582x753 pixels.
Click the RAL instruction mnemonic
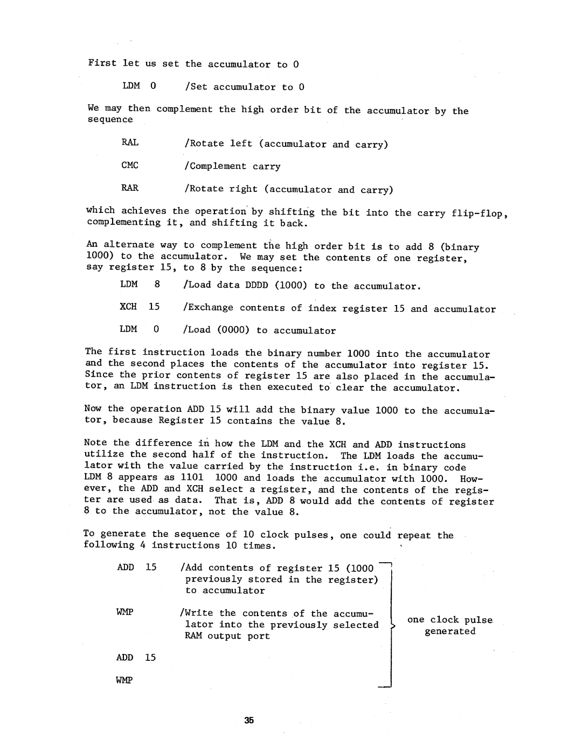[130, 143]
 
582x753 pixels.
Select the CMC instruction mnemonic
[130, 165]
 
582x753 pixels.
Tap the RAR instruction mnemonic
[130, 188]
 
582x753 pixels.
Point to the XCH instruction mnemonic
[129, 307]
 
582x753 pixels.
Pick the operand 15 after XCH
[155, 307]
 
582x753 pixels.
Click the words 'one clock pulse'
[450, 620]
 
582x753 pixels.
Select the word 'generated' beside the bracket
[450, 631]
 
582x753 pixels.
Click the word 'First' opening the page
[102, 63]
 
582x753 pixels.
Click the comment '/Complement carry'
[232, 167]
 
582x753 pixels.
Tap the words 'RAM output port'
[228, 636]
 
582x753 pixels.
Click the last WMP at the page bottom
[124, 680]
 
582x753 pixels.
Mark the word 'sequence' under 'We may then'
[110, 120]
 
